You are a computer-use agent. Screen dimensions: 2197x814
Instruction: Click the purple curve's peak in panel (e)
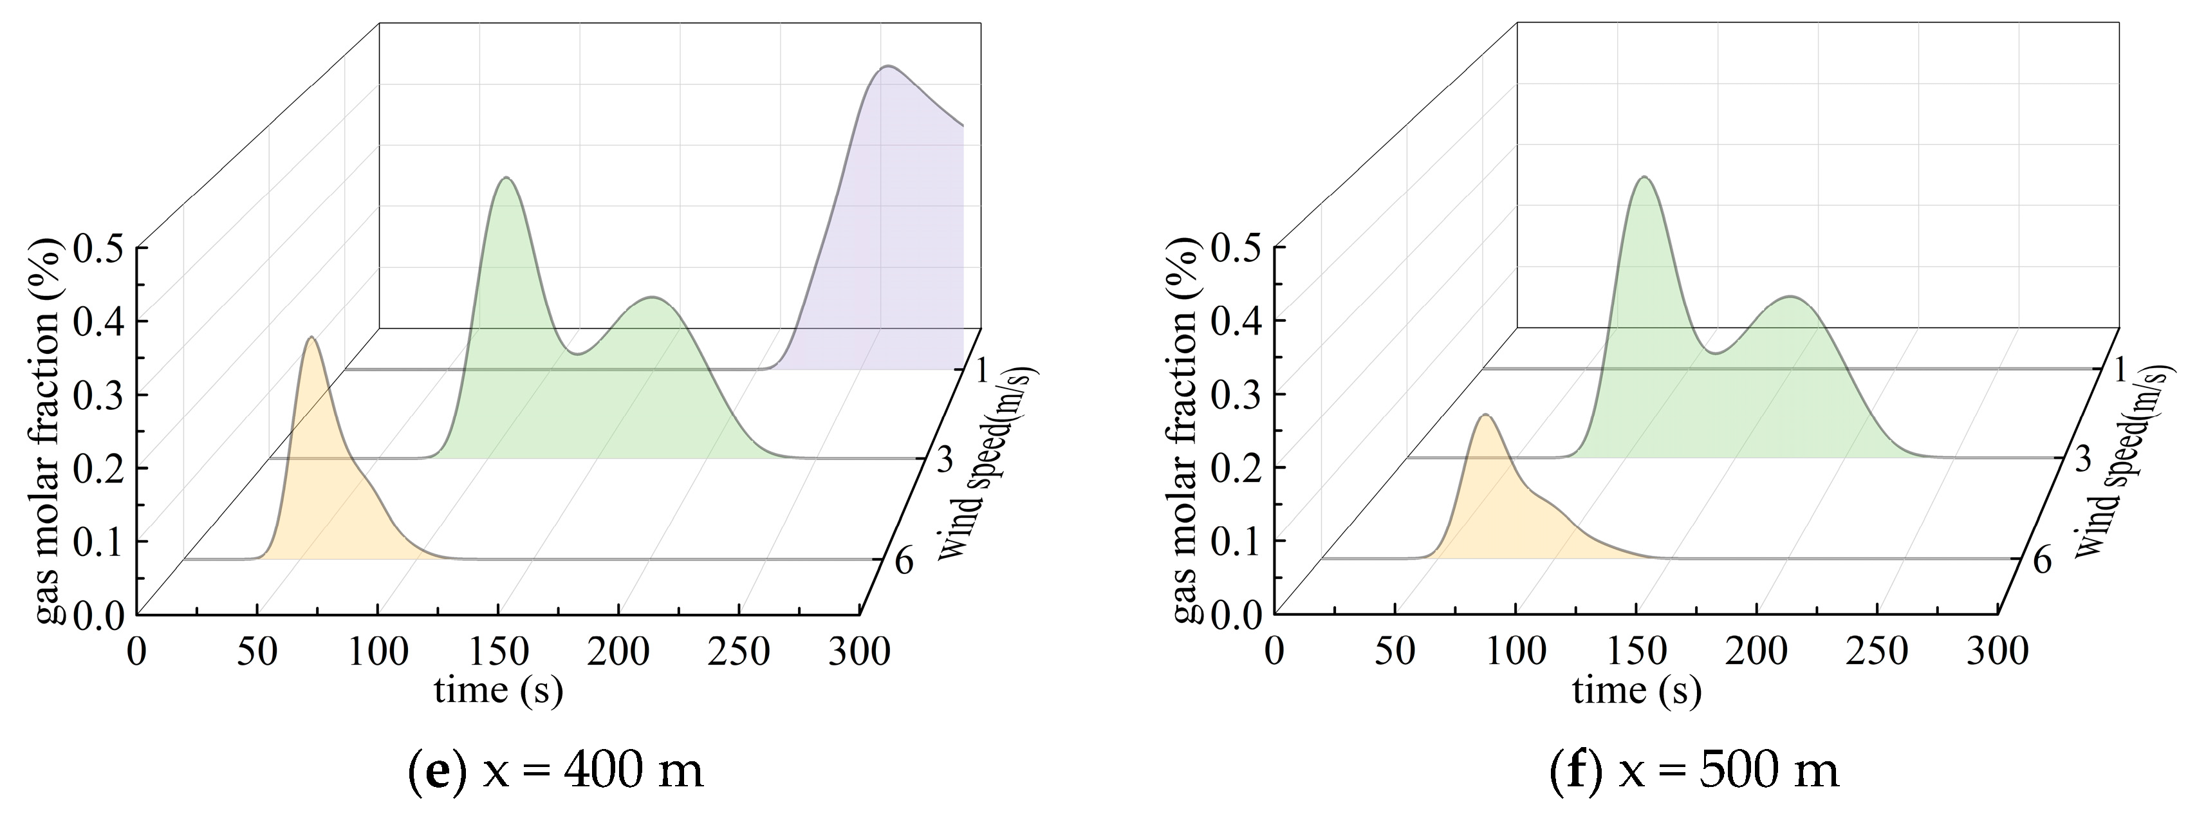pos(888,66)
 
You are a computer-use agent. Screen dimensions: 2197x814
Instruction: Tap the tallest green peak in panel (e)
pos(506,178)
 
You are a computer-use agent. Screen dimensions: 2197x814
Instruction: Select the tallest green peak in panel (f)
pos(1644,178)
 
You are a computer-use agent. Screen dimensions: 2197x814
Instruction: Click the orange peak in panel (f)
pos(1486,416)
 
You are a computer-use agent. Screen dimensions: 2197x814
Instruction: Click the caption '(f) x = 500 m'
pos(1694,772)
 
